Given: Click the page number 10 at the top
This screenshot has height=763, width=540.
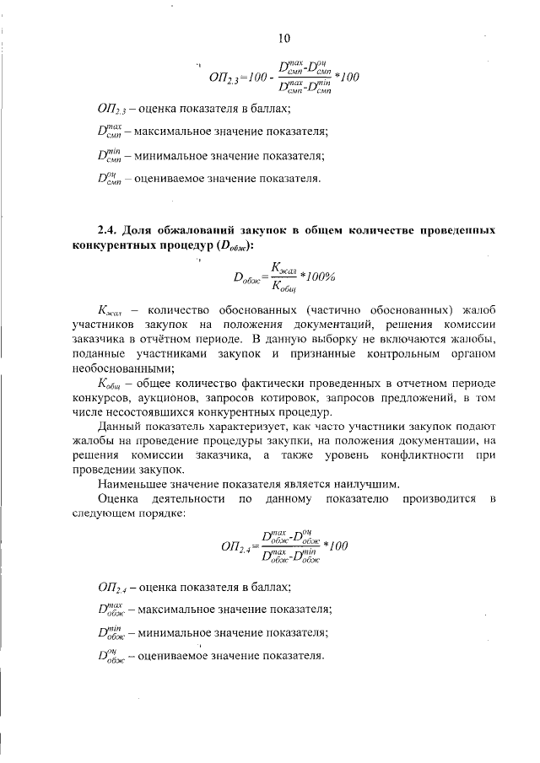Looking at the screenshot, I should (x=284, y=38).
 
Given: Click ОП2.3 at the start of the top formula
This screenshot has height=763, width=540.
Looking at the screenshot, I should (x=223, y=78).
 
